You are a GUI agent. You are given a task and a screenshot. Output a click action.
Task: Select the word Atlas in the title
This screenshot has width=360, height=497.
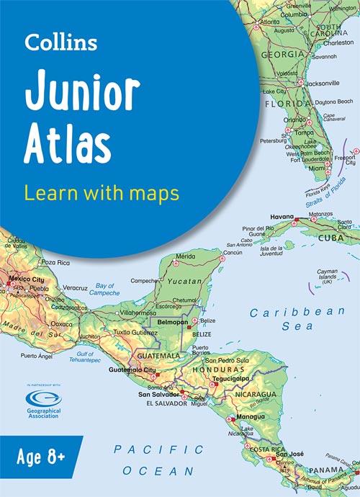tap(68, 143)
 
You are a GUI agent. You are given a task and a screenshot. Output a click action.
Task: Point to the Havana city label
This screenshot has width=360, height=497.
tap(282, 217)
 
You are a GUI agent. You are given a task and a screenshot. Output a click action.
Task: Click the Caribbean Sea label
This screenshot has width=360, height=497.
tap(297, 319)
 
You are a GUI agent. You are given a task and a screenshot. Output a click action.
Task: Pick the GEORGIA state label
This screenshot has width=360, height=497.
tap(282, 54)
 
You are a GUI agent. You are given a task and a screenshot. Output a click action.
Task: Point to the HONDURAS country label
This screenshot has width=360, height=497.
tap(214, 368)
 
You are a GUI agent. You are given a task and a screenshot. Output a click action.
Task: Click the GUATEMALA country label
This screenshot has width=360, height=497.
tap(159, 355)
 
